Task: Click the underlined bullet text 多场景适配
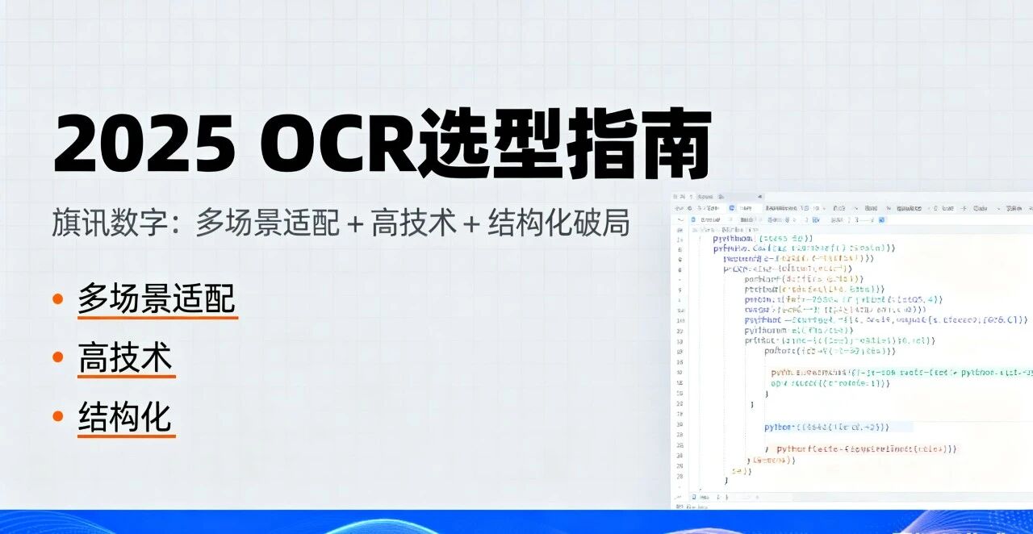tap(157, 298)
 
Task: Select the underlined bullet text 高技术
tap(125, 358)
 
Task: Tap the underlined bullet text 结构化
tap(125, 418)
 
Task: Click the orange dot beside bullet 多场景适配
tap(58, 299)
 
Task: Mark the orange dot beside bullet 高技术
tap(58, 358)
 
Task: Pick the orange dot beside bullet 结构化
tap(58, 417)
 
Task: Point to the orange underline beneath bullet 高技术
tap(126, 376)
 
